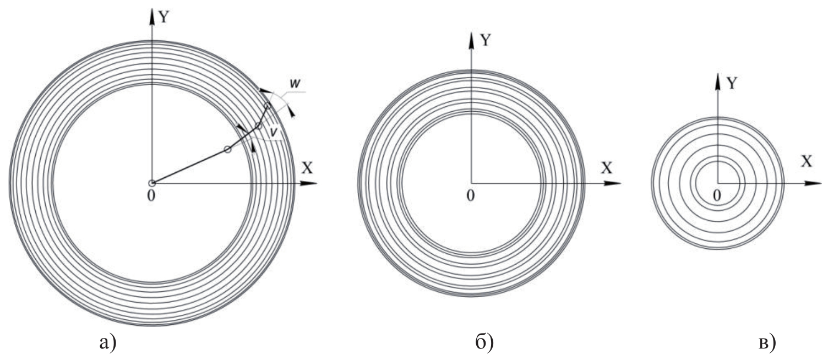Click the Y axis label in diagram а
point(164,17)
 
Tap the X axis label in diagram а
point(307,168)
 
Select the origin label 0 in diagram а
point(151,196)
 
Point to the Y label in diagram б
point(485,40)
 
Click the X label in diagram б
point(606,168)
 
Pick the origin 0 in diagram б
point(470,195)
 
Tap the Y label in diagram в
point(732,84)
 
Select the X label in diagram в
point(807,161)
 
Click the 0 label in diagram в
point(717,195)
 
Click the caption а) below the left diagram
point(108,342)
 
